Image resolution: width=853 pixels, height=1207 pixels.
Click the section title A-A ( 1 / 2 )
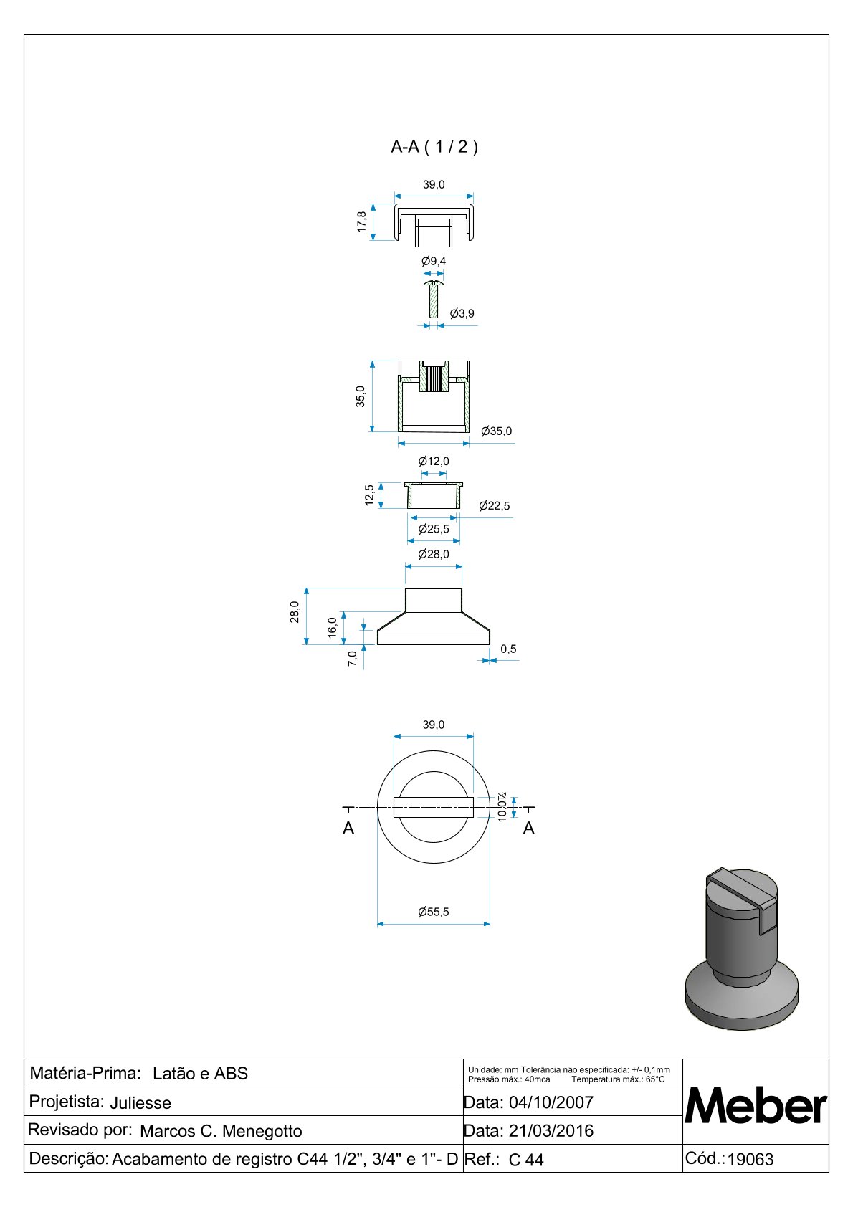pos(434,146)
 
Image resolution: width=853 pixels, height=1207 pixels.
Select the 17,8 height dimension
pos(361,222)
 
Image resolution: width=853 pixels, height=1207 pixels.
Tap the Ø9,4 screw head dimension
pos(434,262)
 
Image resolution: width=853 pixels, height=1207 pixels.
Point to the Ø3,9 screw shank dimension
pos(462,314)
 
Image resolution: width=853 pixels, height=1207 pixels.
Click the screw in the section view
pos(434,298)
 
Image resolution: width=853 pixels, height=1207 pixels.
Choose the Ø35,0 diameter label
pos(496,431)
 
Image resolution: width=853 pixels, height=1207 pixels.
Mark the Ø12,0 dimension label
pos(434,462)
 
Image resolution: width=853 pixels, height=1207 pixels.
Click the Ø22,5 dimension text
pos(494,506)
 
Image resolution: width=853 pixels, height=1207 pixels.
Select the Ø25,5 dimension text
pos(434,529)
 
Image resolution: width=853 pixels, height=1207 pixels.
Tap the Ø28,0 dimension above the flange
pos(434,555)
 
